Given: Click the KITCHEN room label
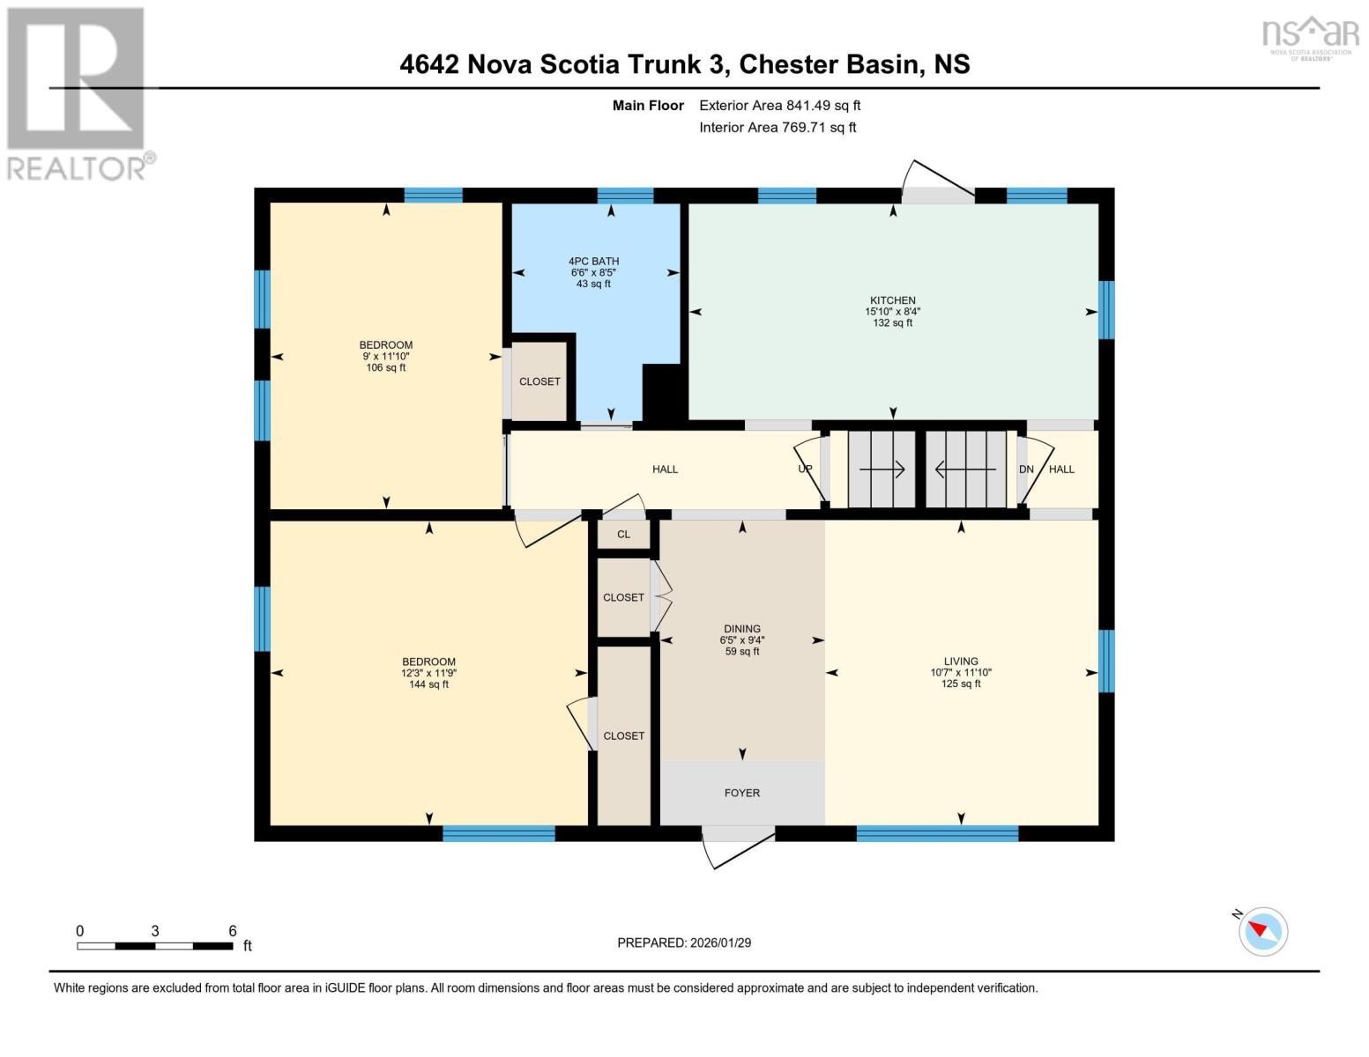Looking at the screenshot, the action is coord(892,300).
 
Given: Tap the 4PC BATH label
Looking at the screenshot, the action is coord(593,262).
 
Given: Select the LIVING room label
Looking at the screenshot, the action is coord(961,661).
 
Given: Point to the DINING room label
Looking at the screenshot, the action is coord(742,628).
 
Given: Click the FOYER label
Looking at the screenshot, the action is coord(742,793).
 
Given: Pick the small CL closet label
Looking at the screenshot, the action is coord(624,535).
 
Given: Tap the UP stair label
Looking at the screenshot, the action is coord(805,469).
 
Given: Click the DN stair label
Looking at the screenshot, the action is coord(1026,469).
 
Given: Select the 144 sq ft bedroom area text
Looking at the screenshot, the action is coord(428,684).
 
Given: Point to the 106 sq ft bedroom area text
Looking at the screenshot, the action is coord(385,367).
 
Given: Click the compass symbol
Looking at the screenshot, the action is coord(1262,932).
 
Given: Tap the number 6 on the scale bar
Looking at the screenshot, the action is coord(233,930).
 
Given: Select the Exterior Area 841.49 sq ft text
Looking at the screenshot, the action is coord(780,105).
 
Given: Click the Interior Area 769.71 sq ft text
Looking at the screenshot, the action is coord(778,127).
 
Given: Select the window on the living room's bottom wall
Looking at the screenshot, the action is coord(937,833).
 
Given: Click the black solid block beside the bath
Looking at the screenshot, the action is coord(664,393).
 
